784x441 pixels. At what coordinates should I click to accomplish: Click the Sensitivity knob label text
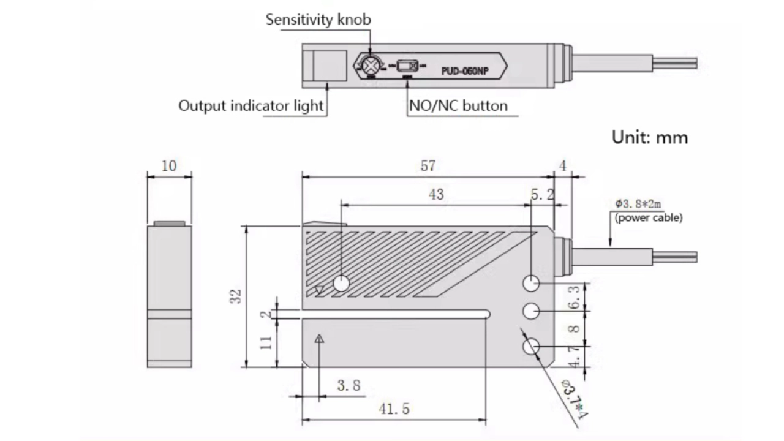(318, 19)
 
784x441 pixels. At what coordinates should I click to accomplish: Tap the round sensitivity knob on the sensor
(370, 65)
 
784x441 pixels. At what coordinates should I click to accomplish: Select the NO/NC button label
(458, 106)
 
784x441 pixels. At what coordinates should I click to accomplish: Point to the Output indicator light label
(251, 105)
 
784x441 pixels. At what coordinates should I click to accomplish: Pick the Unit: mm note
(650, 137)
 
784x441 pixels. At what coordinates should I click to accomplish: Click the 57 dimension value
(429, 166)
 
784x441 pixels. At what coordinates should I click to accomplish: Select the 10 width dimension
(168, 166)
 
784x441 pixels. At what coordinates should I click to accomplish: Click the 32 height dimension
(237, 296)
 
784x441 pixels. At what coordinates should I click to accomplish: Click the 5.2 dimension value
(542, 194)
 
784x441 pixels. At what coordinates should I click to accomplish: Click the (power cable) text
(649, 217)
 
